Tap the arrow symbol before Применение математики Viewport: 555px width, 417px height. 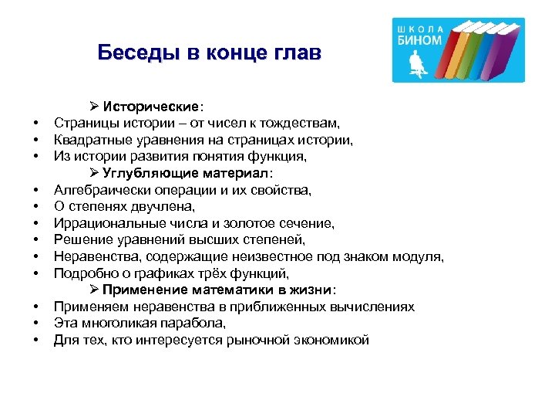[94, 290]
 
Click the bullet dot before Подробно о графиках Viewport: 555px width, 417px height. [35, 274]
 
